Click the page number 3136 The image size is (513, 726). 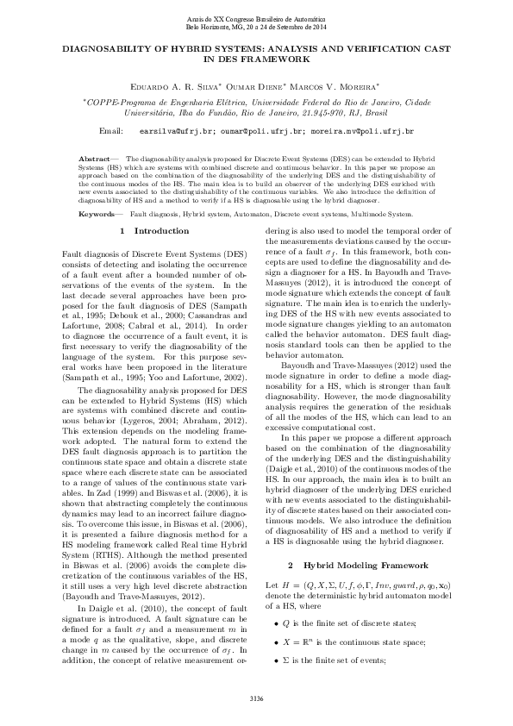pyautogui.click(x=256, y=698)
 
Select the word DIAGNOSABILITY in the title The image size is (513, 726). pyautogui.click(x=110, y=51)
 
